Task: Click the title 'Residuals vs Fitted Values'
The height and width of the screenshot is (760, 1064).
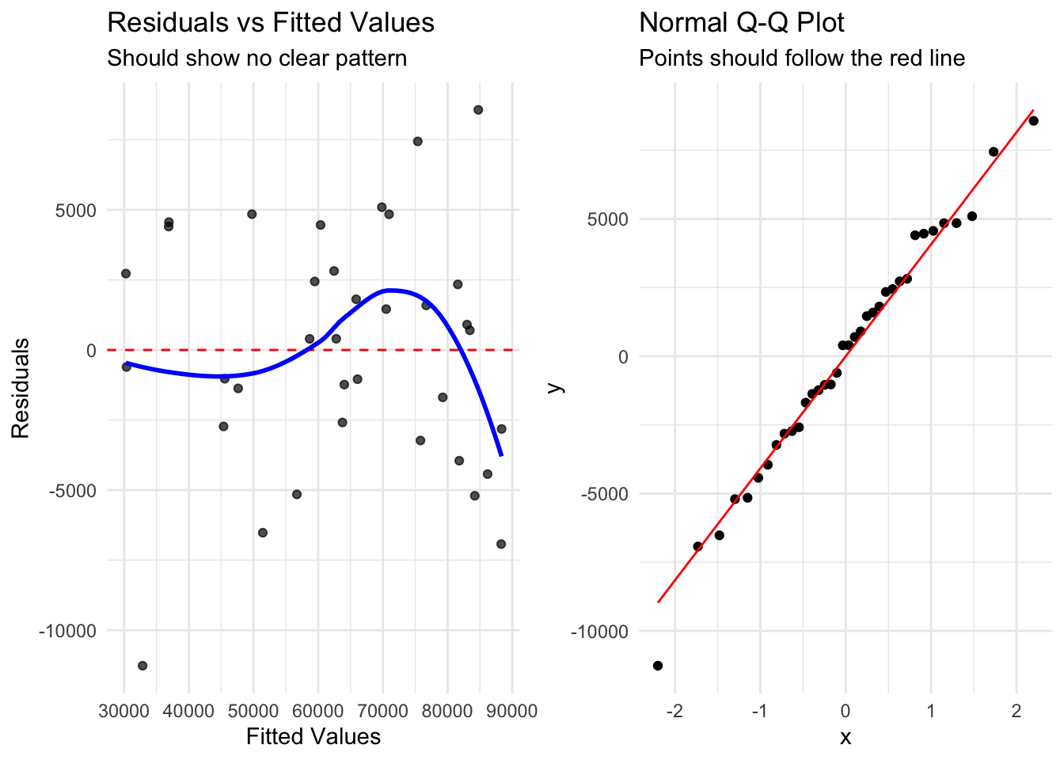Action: pyautogui.click(x=271, y=22)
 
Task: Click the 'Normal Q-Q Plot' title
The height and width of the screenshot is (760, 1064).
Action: pyautogui.click(x=742, y=22)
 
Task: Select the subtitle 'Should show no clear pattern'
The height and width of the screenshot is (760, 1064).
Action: pyautogui.click(x=256, y=59)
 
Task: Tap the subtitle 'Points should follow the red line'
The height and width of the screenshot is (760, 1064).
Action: pyautogui.click(x=802, y=59)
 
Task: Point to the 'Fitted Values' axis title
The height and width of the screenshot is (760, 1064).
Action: pyautogui.click(x=313, y=737)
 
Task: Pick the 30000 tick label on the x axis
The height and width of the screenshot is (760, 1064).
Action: pyautogui.click(x=123, y=710)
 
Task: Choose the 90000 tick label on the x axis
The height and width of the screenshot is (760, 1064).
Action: pyautogui.click(x=511, y=710)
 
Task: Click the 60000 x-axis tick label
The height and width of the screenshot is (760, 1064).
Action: pyautogui.click(x=317, y=710)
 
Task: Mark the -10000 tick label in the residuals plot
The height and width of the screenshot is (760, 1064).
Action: pyautogui.click(x=68, y=631)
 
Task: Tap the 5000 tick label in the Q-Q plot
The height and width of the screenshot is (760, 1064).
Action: pyautogui.click(x=608, y=219)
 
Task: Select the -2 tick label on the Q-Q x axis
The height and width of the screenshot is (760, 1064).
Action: pyautogui.click(x=674, y=710)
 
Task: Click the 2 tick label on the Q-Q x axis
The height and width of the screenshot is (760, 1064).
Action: pyautogui.click(x=1016, y=710)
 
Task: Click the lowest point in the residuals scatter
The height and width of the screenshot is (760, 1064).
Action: pyautogui.click(x=142, y=666)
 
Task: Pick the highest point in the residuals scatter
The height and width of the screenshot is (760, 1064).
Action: pyautogui.click(x=478, y=110)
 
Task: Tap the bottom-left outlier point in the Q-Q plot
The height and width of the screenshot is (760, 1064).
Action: pyautogui.click(x=658, y=666)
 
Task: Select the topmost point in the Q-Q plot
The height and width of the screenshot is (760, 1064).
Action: pyautogui.click(x=1033, y=121)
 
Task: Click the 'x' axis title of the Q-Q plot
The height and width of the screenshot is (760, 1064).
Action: pyautogui.click(x=845, y=737)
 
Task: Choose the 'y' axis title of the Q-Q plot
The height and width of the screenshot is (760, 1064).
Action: pyautogui.click(x=556, y=387)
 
